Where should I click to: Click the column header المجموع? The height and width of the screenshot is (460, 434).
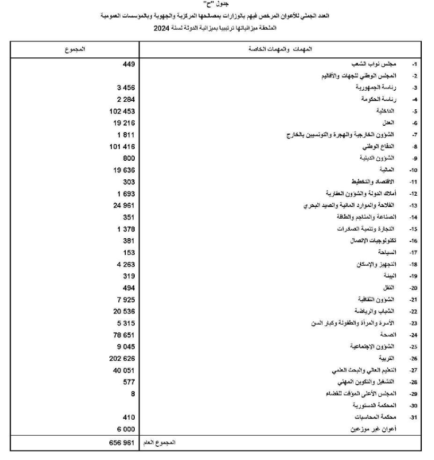tap(74, 49)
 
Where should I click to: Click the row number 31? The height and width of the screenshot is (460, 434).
tap(415, 418)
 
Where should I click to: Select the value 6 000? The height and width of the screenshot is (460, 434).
tap(126, 429)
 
